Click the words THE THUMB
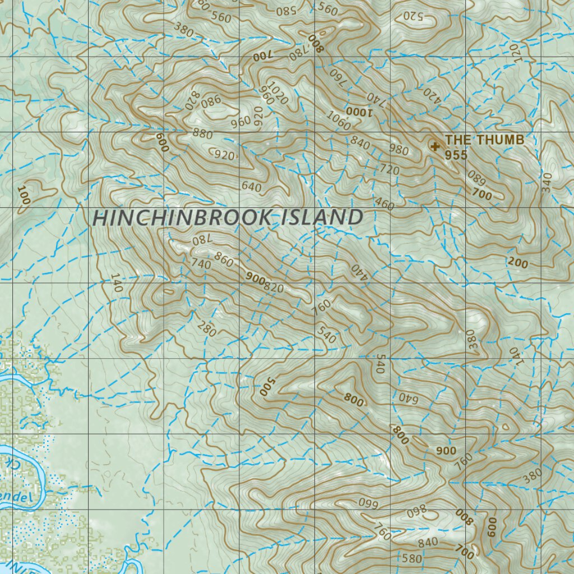tap(484, 140)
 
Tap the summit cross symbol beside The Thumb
tap(434, 146)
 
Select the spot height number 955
tap(456, 155)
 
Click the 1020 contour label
tap(278, 92)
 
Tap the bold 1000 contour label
tap(359, 111)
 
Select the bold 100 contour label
tap(23, 195)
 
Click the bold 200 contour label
tap(518, 263)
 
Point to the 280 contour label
tap(207, 330)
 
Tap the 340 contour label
tap(547, 182)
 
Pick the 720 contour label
tap(389, 170)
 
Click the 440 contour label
tap(358, 272)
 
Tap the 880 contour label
tap(202, 133)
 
